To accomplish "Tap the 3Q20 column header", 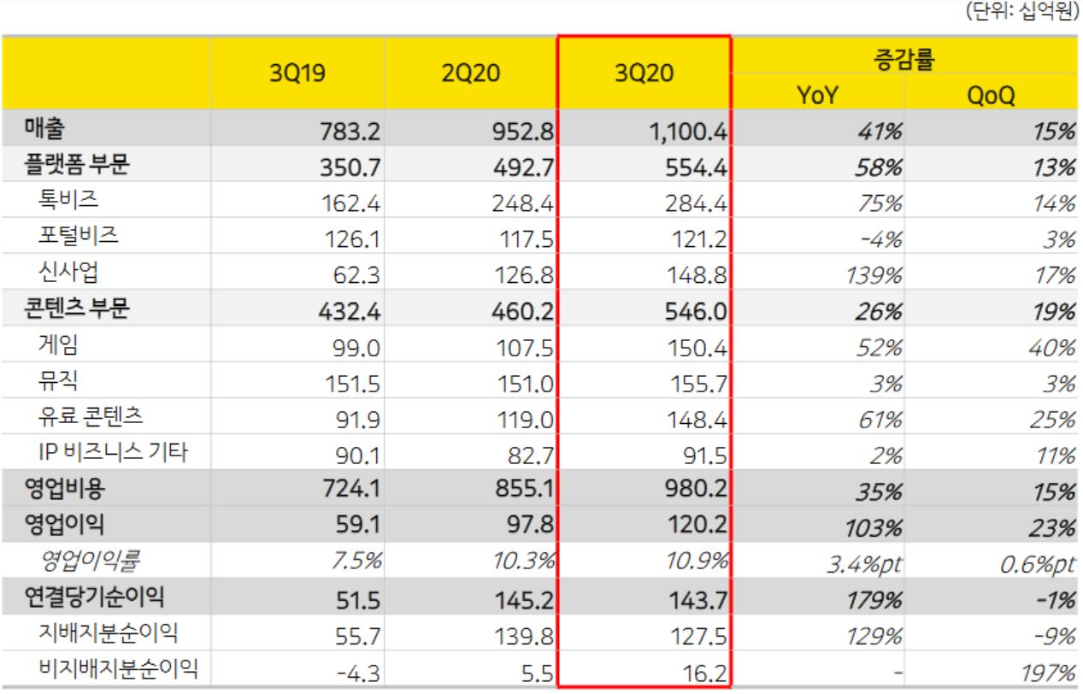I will click(x=644, y=74).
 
